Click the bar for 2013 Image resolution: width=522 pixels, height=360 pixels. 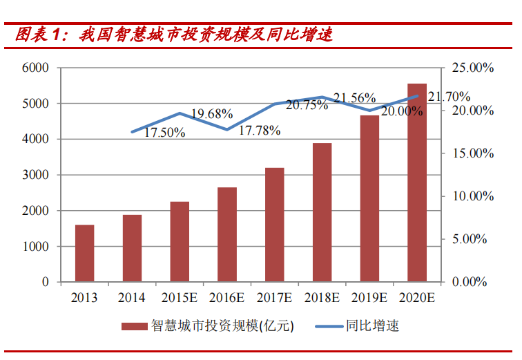point(84,253)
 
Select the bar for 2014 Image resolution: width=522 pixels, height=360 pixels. point(132,248)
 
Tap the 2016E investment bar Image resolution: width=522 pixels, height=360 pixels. point(227,234)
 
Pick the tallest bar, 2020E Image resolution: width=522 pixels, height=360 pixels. point(416,182)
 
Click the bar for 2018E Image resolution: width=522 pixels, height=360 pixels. point(322,212)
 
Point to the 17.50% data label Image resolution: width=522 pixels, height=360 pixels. point(164,133)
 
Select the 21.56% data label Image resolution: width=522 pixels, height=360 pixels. point(354,98)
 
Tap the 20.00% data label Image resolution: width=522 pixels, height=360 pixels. point(401,111)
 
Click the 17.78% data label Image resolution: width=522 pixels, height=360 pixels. point(260,130)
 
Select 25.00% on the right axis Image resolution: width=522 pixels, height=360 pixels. point(473,68)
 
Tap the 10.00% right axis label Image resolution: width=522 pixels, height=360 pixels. point(473,196)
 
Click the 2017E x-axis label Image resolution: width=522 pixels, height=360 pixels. point(274,298)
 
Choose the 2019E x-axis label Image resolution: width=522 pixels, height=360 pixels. point(369,298)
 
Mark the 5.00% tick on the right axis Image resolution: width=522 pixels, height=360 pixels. point(470,239)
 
